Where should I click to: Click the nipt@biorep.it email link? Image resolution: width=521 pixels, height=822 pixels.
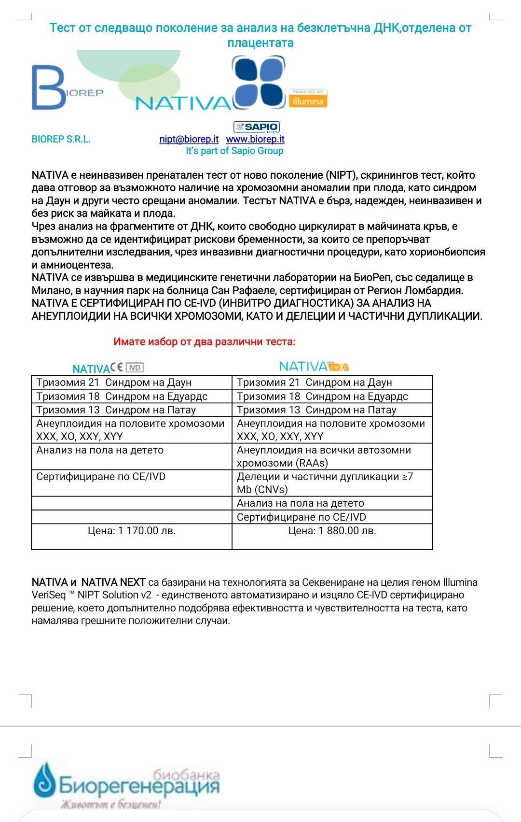click(189, 139)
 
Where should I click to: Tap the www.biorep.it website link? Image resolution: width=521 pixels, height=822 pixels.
click(255, 139)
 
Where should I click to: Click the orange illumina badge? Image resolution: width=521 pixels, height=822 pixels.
click(308, 99)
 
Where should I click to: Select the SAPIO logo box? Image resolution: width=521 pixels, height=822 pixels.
click(256, 127)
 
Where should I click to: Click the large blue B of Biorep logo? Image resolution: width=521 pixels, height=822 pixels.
click(48, 87)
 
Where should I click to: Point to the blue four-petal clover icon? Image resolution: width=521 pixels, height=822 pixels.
click(258, 82)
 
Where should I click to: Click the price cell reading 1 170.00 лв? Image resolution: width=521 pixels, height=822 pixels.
click(131, 531)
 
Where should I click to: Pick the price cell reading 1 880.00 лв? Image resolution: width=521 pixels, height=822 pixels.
click(332, 531)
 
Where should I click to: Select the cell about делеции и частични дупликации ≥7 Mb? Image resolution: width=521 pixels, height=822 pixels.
click(332, 483)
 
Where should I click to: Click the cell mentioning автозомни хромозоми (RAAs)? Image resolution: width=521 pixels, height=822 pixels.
click(332, 456)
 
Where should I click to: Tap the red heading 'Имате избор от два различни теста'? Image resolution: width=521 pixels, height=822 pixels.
click(204, 342)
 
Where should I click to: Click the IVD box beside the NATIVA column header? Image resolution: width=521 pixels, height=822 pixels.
click(135, 368)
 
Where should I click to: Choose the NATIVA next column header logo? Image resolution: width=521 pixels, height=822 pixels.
click(314, 367)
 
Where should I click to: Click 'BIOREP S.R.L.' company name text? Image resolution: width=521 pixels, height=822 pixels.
click(61, 139)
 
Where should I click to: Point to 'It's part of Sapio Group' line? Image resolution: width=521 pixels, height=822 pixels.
click(234, 151)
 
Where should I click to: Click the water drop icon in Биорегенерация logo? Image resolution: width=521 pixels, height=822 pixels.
click(44, 780)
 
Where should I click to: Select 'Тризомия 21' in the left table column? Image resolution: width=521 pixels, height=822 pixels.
click(68, 383)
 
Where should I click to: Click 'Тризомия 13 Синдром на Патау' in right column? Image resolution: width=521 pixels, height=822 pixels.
click(316, 410)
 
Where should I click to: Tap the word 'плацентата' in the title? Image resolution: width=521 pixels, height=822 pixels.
click(260, 43)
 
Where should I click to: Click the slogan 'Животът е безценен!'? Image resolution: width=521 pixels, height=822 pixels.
click(110, 805)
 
